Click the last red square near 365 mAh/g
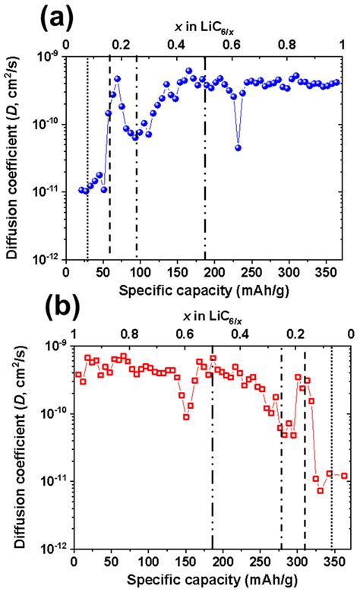coord(345,476)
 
